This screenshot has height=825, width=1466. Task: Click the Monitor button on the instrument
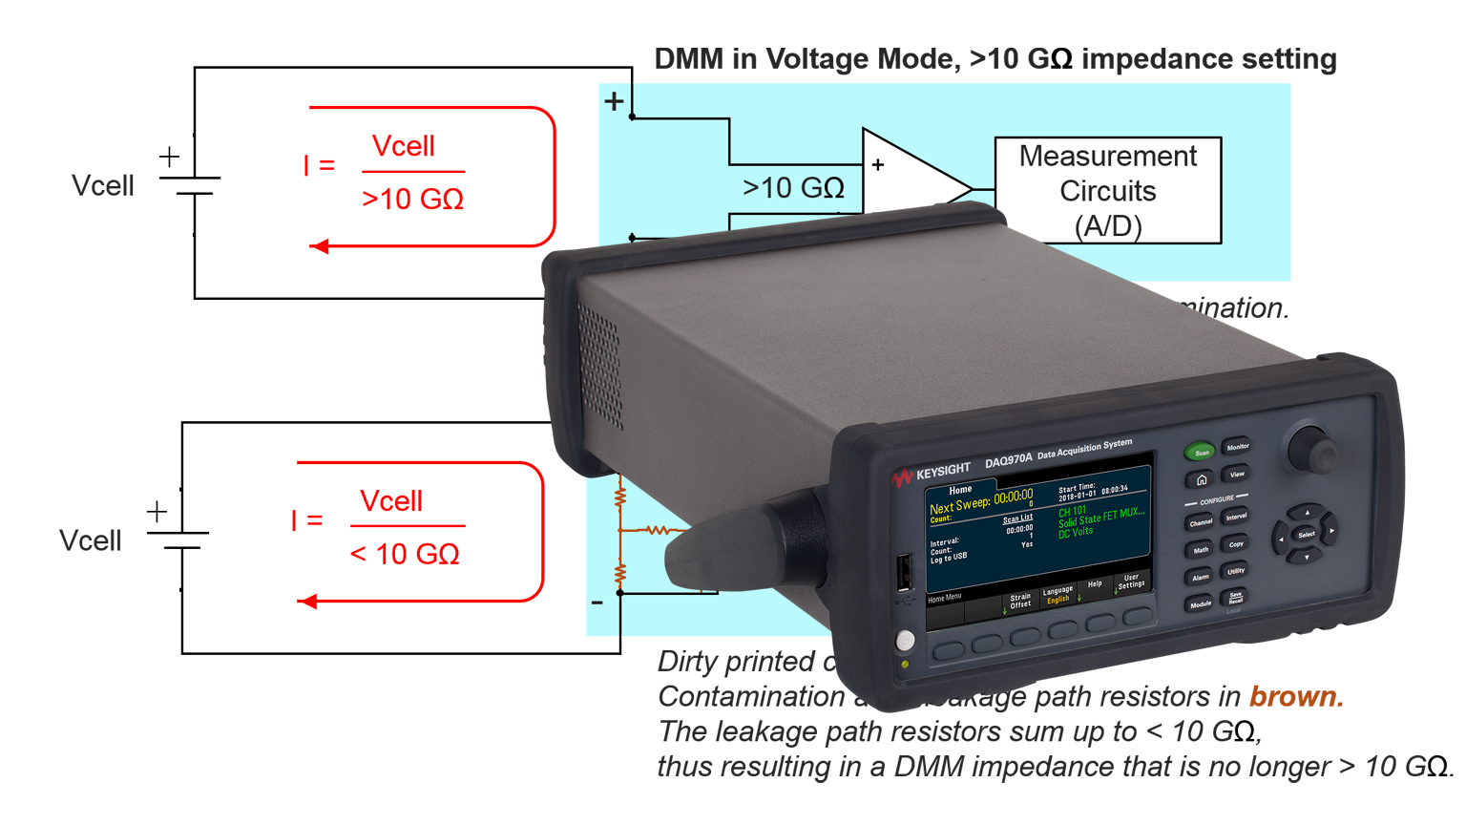click(1237, 446)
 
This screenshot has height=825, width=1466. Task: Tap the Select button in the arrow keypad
click(1306, 534)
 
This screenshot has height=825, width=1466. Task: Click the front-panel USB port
click(903, 573)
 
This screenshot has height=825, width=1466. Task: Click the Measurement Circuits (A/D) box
click(1107, 190)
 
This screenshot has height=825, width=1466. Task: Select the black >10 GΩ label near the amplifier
click(793, 188)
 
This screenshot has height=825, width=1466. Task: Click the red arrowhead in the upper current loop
click(320, 246)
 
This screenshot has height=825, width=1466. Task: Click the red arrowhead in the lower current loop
click(307, 602)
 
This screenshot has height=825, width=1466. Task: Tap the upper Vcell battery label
click(103, 185)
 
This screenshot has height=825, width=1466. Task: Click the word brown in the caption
click(1295, 697)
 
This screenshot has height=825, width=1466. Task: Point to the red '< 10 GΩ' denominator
click(405, 554)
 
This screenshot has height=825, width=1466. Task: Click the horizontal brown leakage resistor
click(657, 529)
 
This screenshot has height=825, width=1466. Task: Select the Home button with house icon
click(1202, 479)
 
